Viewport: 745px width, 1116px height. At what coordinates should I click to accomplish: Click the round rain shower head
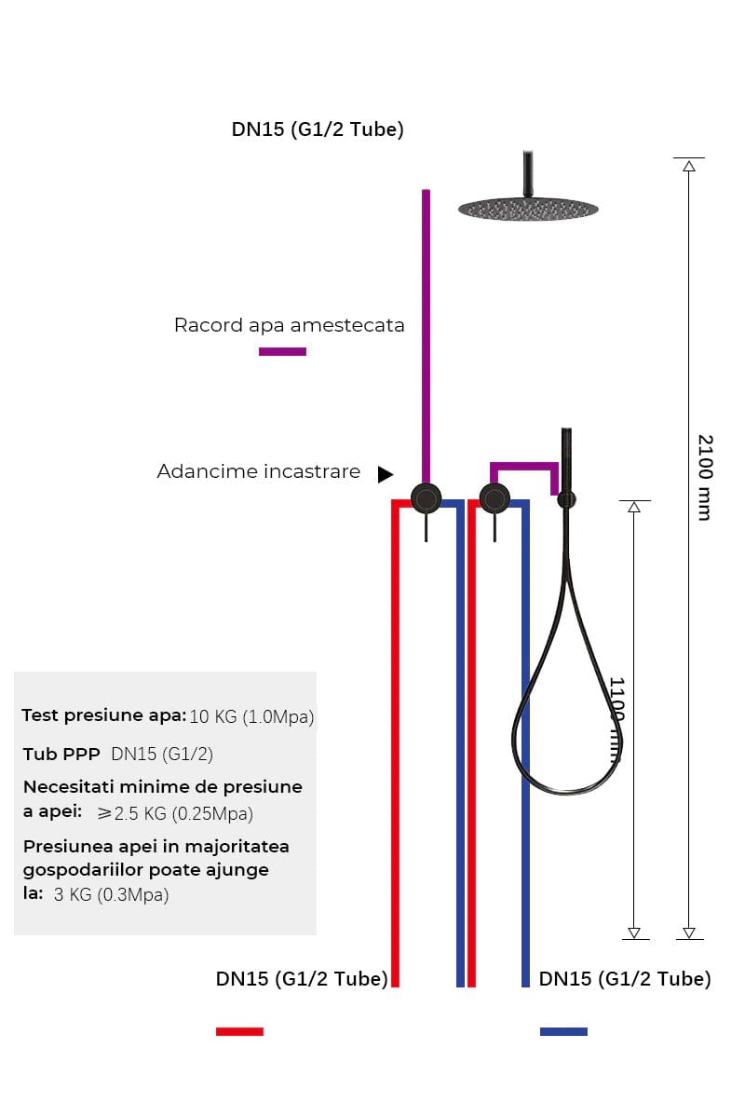528,208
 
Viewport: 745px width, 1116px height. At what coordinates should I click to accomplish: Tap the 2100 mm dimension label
705,477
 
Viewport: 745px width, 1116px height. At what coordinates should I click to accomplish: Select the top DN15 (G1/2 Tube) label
318,129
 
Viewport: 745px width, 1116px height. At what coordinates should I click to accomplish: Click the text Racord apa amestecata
289,325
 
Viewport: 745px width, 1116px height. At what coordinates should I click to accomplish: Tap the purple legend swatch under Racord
282,351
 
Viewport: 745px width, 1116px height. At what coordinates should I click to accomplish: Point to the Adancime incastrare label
258,471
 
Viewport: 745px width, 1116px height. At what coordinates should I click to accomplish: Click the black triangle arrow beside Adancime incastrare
385,474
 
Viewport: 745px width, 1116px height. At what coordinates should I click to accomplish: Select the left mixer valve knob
427,498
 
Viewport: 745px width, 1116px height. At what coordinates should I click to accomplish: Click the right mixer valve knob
494,498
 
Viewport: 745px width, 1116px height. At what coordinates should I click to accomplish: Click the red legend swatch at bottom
239,1031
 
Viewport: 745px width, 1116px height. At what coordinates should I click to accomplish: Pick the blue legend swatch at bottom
563,1031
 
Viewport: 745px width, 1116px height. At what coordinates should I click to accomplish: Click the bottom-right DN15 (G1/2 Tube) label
625,979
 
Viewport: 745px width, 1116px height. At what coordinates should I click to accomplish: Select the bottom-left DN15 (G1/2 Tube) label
302,979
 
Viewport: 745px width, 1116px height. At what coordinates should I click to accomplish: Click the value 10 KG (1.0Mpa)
251,717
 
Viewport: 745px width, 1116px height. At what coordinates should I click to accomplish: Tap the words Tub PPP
62,753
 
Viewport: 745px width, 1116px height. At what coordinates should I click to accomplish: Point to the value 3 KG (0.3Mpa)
112,895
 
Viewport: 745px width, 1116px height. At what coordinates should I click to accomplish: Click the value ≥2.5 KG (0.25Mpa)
175,813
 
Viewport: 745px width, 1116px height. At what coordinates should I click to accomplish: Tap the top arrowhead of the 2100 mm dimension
689,166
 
